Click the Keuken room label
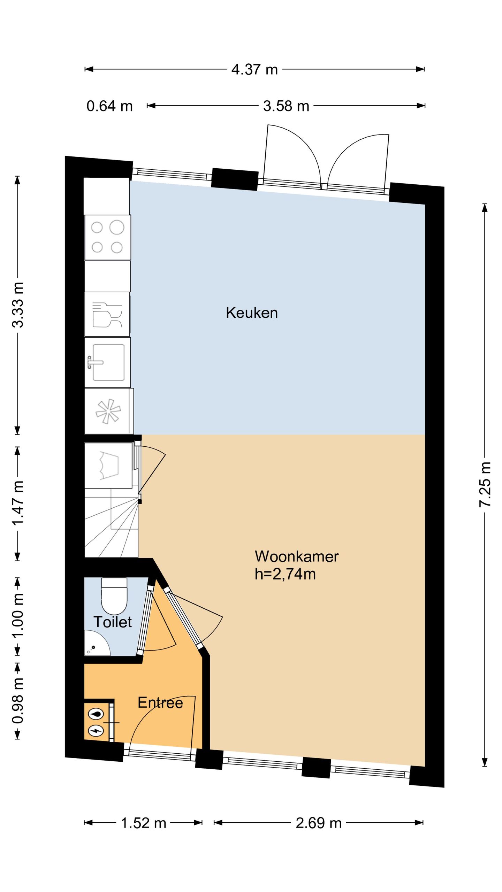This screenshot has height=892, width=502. click(252, 313)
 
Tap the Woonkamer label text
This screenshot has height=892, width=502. click(297, 556)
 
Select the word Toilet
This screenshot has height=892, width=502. click(113, 622)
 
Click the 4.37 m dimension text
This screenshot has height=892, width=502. click(254, 69)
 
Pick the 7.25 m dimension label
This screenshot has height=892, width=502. click(485, 484)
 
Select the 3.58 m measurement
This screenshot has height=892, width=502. click(286, 106)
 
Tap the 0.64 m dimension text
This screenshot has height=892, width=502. click(109, 106)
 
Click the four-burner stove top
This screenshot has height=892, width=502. click(108, 237)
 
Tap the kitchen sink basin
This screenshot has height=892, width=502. click(108, 362)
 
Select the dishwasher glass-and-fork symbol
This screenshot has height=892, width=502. click(107, 315)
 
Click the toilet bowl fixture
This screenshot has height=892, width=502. click(114, 596)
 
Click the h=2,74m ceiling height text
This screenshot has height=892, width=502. click(285, 574)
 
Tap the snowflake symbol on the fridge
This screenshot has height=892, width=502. click(108, 411)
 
